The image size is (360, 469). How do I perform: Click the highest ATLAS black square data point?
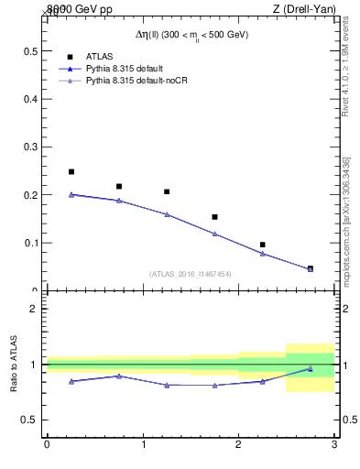click(71, 171)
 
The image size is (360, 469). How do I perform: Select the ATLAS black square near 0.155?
click(214, 217)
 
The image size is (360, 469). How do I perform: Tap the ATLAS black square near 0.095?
click(262, 245)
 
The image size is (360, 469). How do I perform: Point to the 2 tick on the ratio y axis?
click(33, 309)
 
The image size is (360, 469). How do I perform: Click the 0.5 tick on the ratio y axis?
click(29, 420)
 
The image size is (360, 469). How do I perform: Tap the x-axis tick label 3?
click(334, 445)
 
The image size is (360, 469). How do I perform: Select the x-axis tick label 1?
click(143, 445)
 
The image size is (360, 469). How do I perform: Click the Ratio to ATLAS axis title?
click(14, 364)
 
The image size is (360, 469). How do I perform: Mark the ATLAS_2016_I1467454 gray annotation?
click(190, 274)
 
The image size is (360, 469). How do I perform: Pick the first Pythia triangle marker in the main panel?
click(71, 194)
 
